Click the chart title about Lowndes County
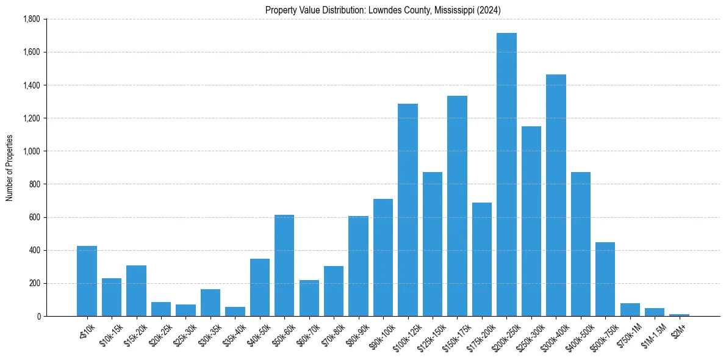click(x=383, y=10)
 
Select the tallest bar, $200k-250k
click(x=506, y=175)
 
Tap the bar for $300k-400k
click(x=556, y=195)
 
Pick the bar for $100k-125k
click(x=408, y=210)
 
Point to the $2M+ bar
click(x=679, y=315)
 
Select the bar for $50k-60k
click(x=284, y=265)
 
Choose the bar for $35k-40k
click(x=235, y=312)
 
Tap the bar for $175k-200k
click(x=482, y=259)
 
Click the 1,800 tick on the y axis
click(x=31, y=19)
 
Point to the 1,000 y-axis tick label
click(x=31, y=151)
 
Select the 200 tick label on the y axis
click(x=34, y=283)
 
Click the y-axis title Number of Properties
click(x=10, y=168)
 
